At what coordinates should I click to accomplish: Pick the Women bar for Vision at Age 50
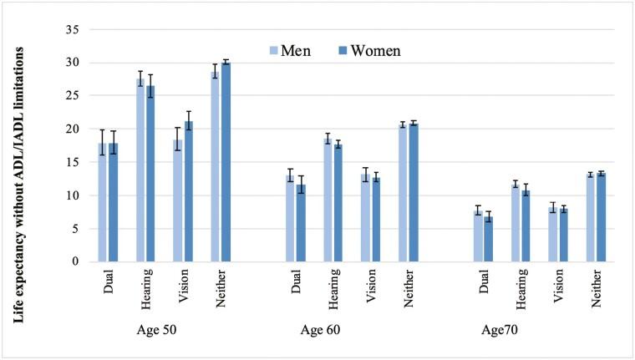click(188, 191)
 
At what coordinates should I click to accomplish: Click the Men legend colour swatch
click(273, 51)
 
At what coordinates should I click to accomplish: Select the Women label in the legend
click(375, 51)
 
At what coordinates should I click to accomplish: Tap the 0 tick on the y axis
click(74, 261)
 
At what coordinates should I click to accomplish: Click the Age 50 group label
click(162, 329)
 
